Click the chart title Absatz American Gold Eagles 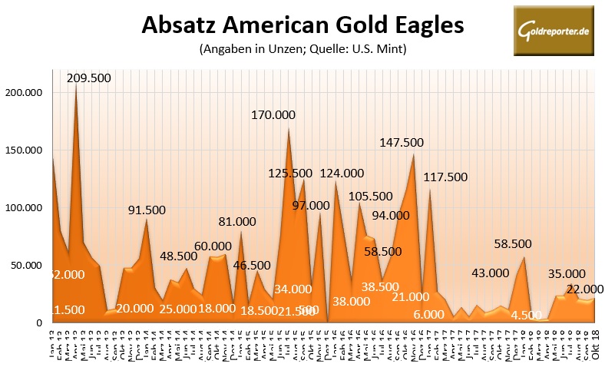point(302,25)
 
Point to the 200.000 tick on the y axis point(25,92)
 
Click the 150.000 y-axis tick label point(25,150)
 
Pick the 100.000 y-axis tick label point(25,208)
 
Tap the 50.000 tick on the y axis point(28,266)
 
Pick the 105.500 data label point(370,197)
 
